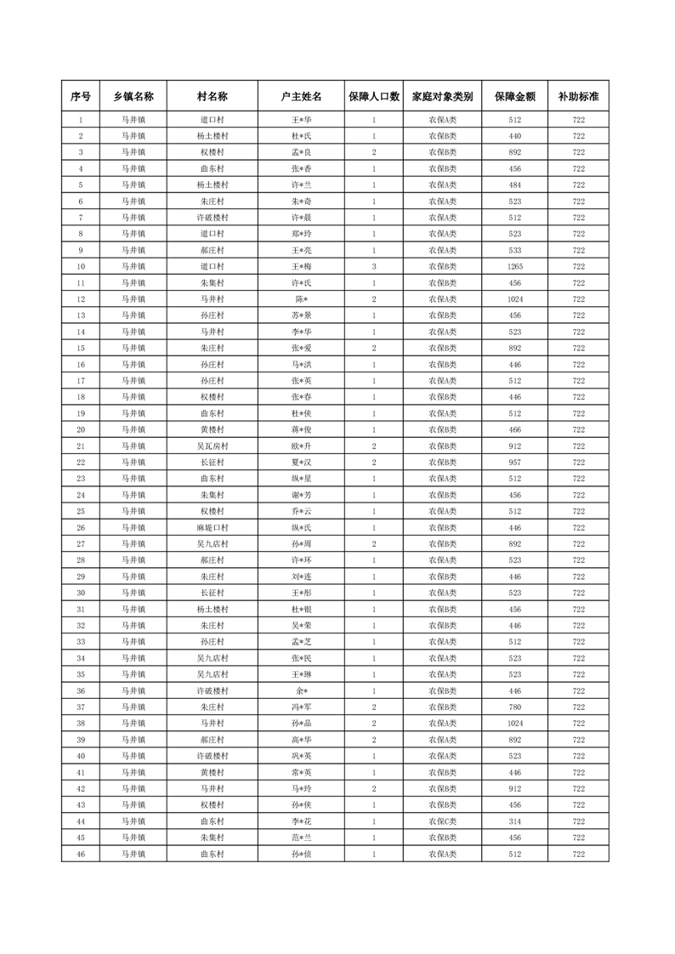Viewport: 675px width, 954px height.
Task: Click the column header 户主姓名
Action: [x=302, y=97]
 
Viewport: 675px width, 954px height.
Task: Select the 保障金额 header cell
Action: [x=514, y=97]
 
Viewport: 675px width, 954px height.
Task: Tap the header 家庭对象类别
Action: [x=442, y=97]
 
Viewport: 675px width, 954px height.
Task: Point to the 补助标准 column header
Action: [x=578, y=97]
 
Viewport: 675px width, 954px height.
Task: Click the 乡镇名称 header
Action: [x=133, y=97]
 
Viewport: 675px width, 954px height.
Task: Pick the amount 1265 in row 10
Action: [x=514, y=267]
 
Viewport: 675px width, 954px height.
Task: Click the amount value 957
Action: [x=514, y=463]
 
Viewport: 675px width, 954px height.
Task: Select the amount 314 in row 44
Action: [x=514, y=821]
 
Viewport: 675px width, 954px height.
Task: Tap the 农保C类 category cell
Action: [x=442, y=821]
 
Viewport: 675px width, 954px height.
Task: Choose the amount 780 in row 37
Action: [x=514, y=707]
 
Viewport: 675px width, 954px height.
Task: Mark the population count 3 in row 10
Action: [x=374, y=267]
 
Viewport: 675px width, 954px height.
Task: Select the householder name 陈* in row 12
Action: [x=302, y=299]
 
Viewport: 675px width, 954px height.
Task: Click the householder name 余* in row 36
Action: [x=302, y=691]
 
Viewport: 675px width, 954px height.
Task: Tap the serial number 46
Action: [x=81, y=854]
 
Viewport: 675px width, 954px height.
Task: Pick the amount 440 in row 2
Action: [x=514, y=136]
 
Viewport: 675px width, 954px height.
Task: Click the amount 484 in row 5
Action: [x=514, y=185]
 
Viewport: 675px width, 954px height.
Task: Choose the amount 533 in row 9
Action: [x=514, y=251]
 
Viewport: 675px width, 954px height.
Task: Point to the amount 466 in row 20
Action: [x=514, y=430]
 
